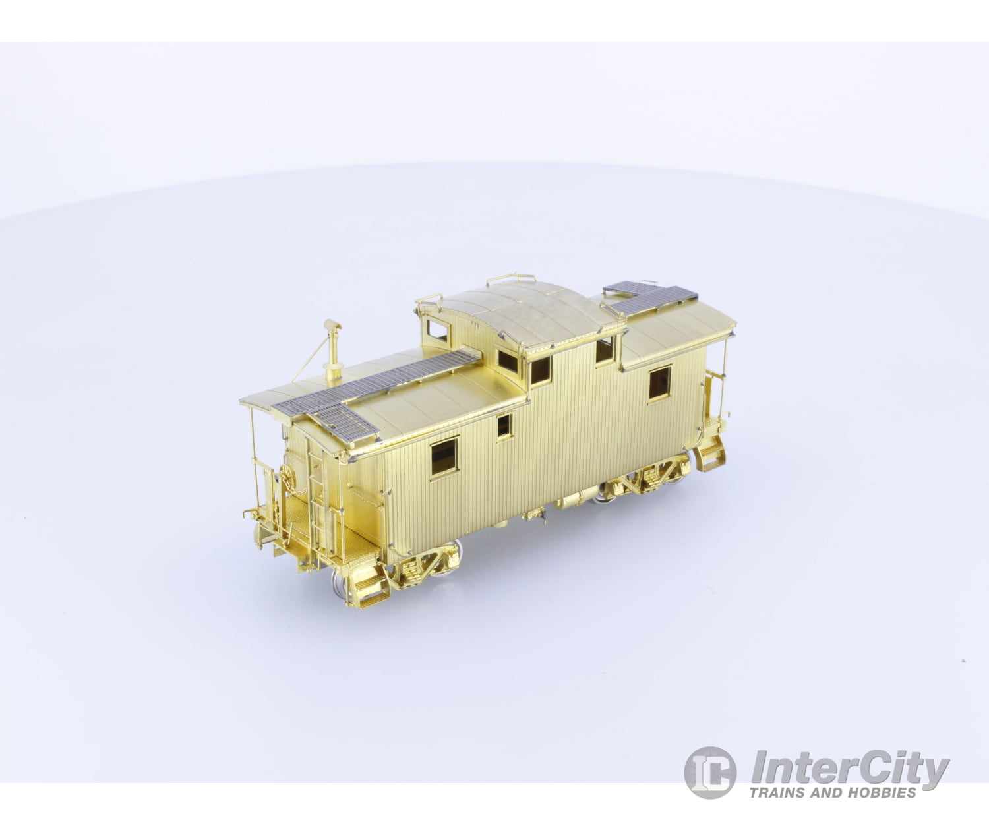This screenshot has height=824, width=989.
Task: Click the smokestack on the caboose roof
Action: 333,351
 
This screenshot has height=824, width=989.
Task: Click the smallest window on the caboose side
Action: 504,427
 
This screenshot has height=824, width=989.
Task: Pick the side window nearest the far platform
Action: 660,384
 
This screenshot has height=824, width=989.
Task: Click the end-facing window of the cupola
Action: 437,331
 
